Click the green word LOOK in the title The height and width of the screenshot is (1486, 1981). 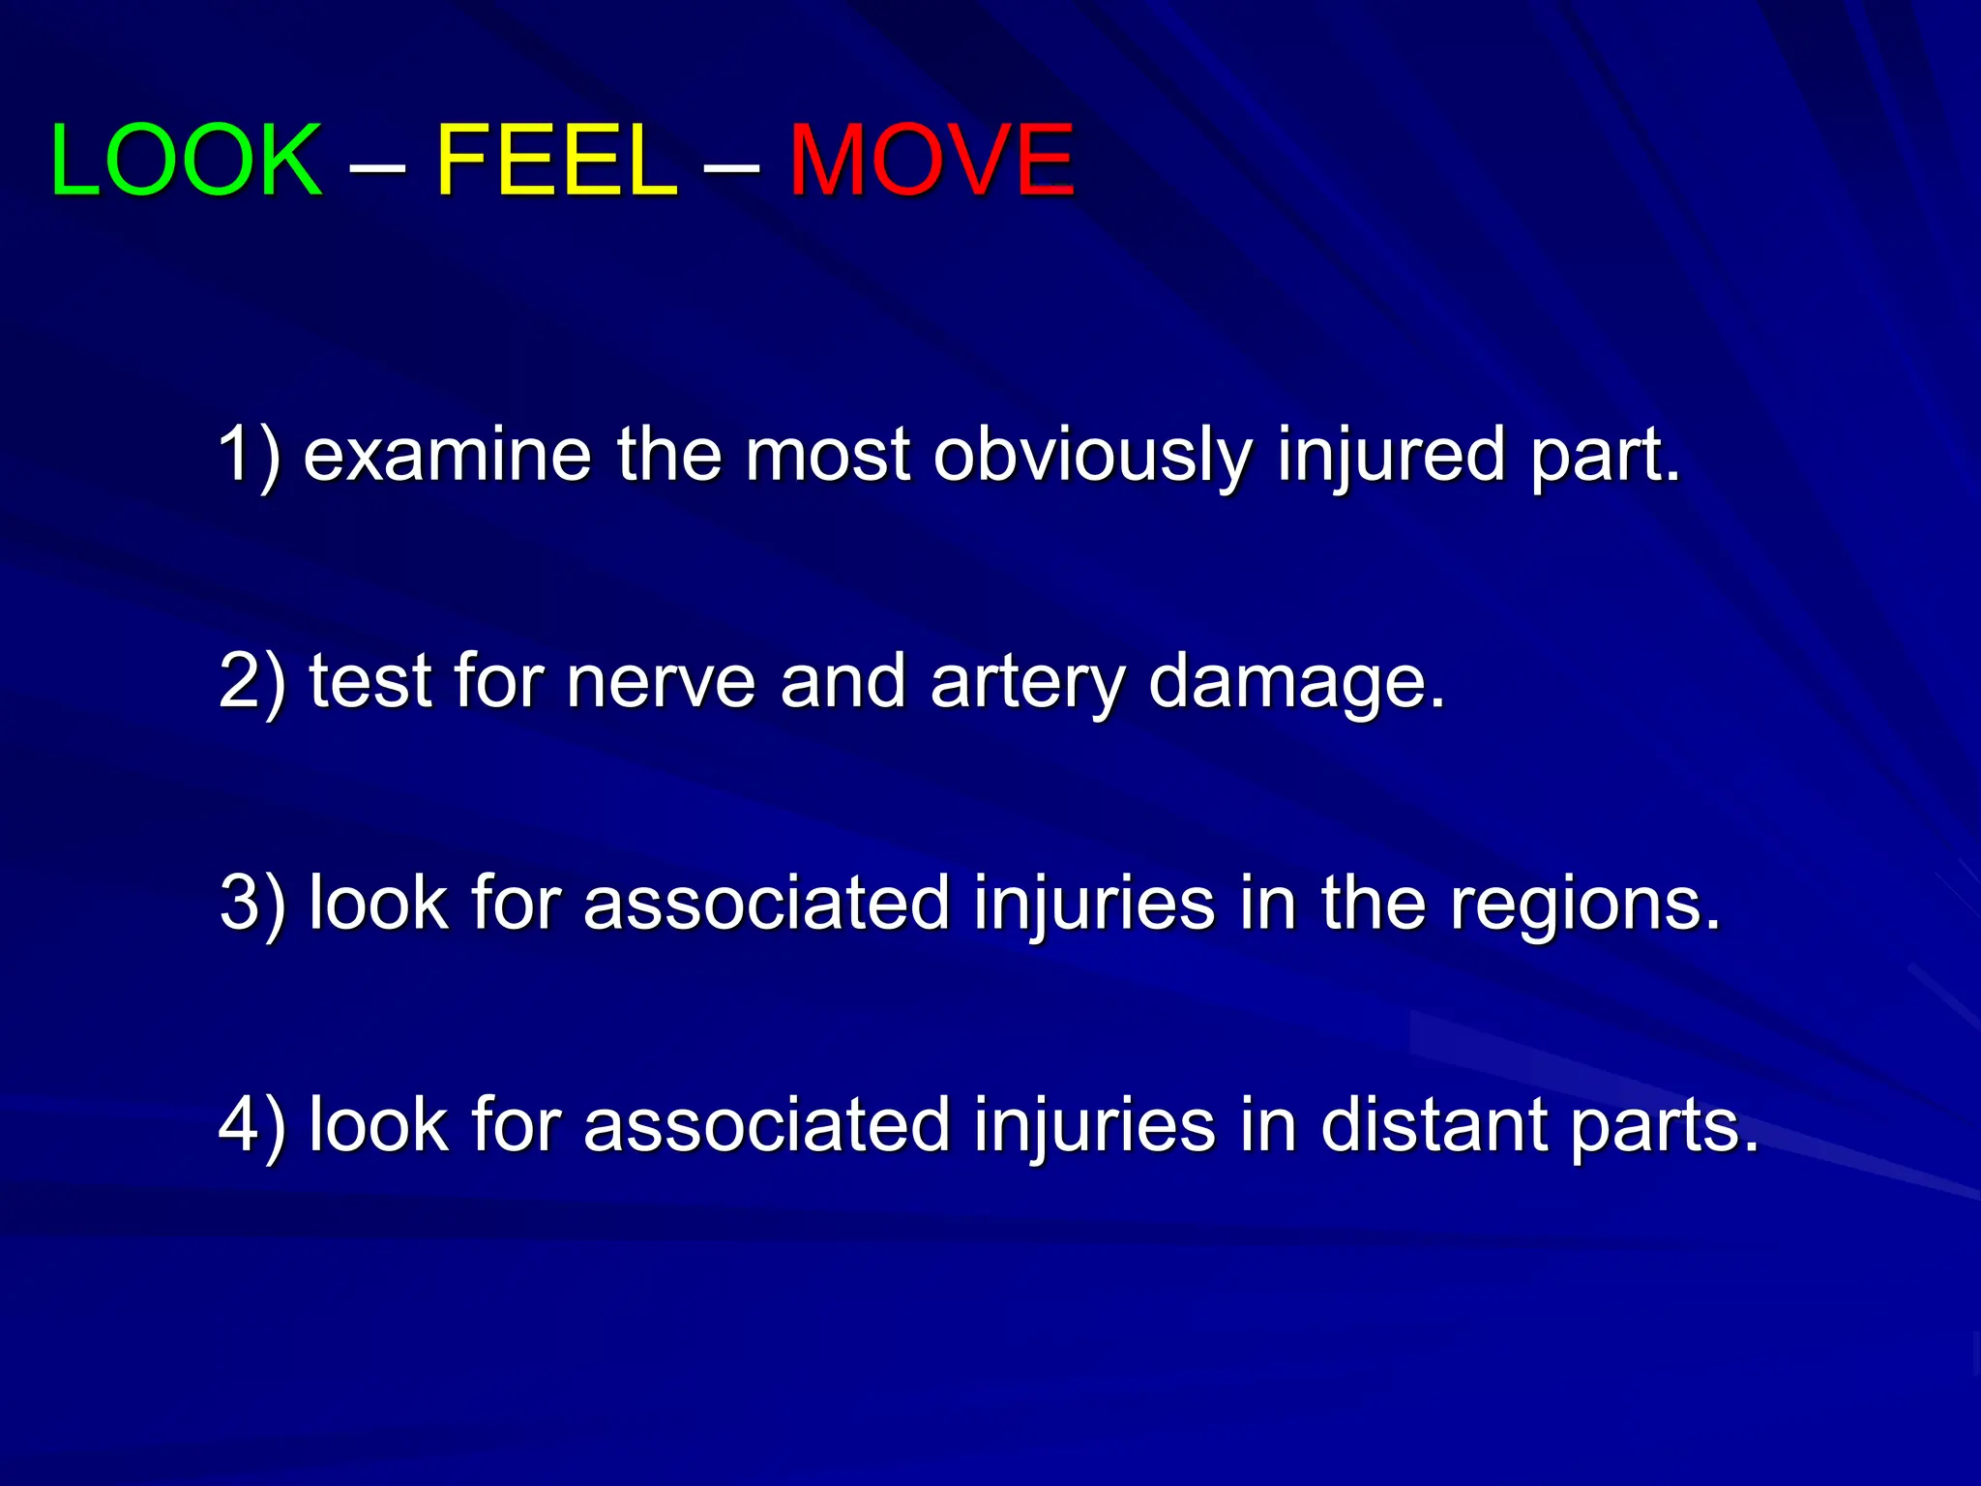click(186, 160)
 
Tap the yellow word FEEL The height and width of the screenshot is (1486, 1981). click(557, 160)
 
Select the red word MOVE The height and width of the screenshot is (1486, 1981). click(931, 160)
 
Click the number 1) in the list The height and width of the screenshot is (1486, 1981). click(250, 454)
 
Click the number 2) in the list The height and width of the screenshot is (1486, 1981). click(251, 680)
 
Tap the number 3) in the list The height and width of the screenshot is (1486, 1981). click(251, 903)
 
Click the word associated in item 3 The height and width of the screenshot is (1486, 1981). click(766, 903)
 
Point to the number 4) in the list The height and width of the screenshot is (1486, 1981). click(251, 1124)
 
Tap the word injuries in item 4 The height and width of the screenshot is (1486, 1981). click(1094, 1126)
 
